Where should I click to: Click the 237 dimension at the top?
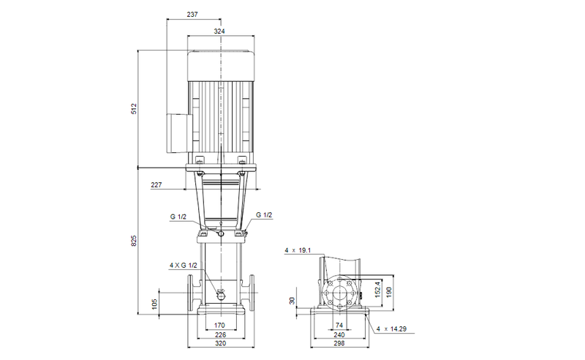pos(192,15)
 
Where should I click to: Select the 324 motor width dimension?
pos(219,31)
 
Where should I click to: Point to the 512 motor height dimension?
pos(134,109)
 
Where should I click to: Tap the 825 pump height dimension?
pos(134,241)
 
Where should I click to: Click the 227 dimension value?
pos(156,185)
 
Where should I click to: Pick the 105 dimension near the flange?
pos(155,303)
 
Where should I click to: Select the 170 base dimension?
pos(219,325)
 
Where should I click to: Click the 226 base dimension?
pos(219,334)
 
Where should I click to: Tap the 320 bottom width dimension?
pos(219,344)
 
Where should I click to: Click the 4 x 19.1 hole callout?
pos(298,251)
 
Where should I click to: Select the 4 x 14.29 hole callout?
pos(391,330)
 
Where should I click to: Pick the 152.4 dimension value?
pos(377,291)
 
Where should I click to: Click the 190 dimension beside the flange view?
pos(390,291)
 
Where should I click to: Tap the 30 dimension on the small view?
pos(292,301)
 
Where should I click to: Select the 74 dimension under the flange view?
pos(339,325)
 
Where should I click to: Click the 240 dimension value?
pos(339,334)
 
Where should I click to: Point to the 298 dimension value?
pos(339,344)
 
